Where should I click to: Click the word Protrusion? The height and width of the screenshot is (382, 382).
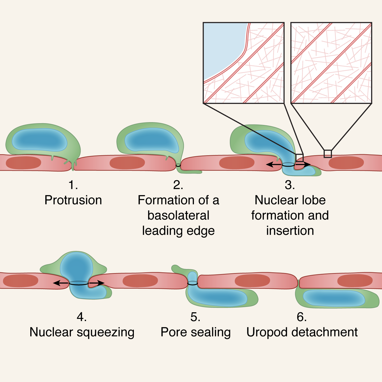point(73,200)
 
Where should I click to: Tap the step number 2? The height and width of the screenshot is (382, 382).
point(178,185)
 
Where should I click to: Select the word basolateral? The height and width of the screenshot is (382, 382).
point(178,216)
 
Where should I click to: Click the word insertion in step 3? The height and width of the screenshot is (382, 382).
point(290,231)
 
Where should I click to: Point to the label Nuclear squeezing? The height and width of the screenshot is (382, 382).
point(82,332)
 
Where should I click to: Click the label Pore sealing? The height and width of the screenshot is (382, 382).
point(195,332)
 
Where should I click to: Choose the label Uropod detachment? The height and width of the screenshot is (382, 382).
point(302,332)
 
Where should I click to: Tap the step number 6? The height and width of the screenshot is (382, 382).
point(302,317)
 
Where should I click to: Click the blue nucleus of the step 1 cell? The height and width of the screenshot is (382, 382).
point(39,139)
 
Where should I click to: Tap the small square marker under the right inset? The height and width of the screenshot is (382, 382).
point(328,154)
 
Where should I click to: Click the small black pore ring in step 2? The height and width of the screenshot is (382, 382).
point(178,165)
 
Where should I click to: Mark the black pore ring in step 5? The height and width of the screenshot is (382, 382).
point(193,283)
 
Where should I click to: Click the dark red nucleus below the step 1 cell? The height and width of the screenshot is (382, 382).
point(23,163)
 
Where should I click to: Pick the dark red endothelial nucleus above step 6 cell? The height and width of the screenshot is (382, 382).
point(355,280)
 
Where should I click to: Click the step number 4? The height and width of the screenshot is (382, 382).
point(81,317)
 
